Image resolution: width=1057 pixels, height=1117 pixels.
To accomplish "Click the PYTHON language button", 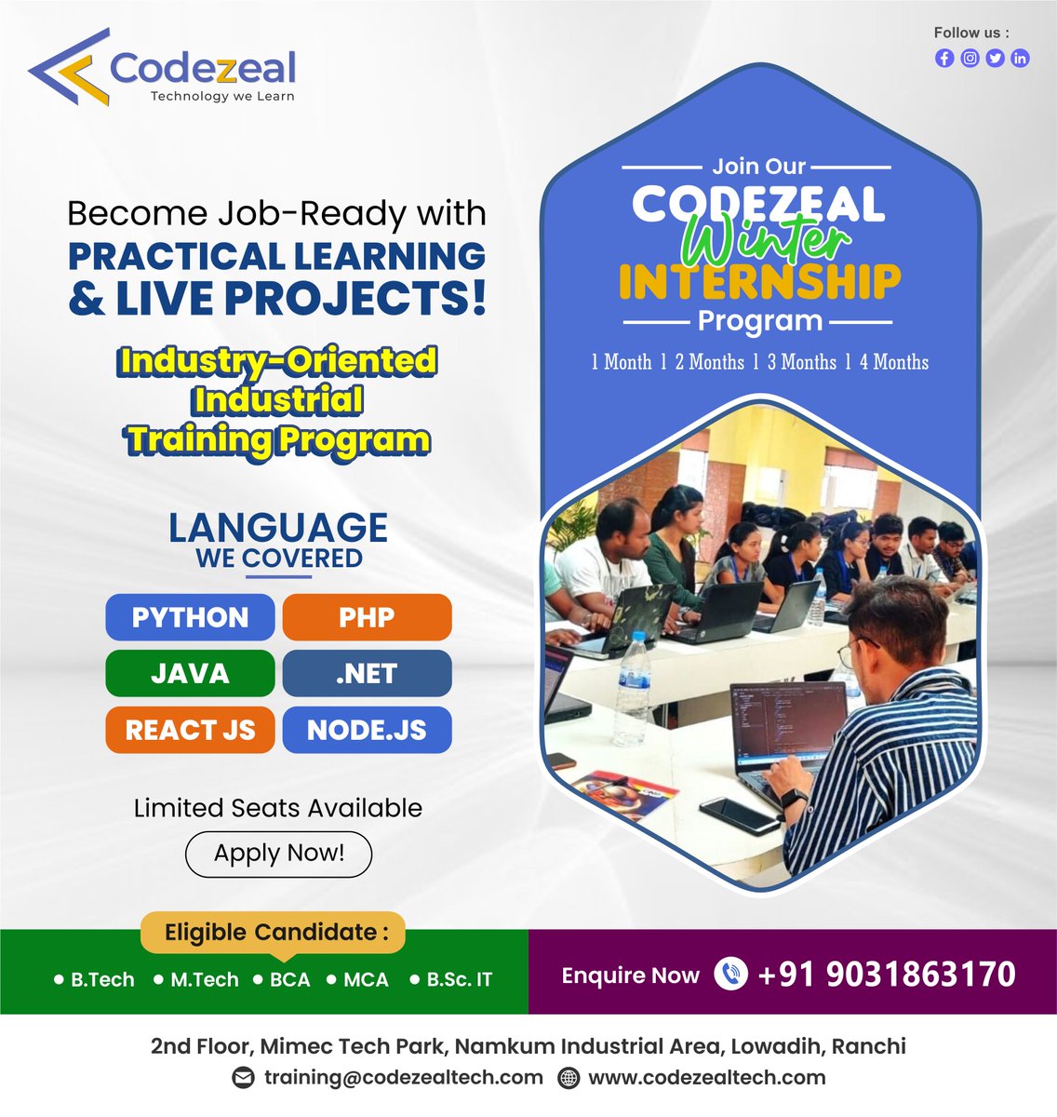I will pyautogui.click(x=190, y=617).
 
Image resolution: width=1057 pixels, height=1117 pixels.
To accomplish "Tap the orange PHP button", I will pyautogui.click(x=367, y=617).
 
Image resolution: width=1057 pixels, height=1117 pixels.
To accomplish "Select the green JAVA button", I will pyautogui.click(x=190, y=673).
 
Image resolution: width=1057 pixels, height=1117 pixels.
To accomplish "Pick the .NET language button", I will pyautogui.click(x=367, y=673).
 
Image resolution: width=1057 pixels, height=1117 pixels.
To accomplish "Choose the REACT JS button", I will pyautogui.click(x=190, y=730).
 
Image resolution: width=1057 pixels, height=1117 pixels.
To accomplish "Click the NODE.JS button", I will pyautogui.click(x=367, y=730).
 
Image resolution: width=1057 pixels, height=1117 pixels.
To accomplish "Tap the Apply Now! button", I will pyautogui.click(x=278, y=854).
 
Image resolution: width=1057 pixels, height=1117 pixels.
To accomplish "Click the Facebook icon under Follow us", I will pyautogui.click(x=944, y=58).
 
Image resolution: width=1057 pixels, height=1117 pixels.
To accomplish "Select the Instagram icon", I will pyautogui.click(x=970, y=58).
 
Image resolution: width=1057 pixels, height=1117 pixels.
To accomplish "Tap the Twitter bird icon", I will pyautogui.click(x=995, y=58).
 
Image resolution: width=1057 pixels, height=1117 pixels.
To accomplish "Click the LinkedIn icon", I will pyautogui.click(x=1020, y=58).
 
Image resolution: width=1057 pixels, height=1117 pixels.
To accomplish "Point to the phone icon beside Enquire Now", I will pyautogui.click(x=730, y=974).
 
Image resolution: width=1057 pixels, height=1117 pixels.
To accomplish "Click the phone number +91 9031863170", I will pyautogui.click(x=887, y=975).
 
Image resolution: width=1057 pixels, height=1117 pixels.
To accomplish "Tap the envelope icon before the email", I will pyautogui.click(x=243, y=1078).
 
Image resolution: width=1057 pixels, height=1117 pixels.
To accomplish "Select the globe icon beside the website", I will pyautogui.click(x=569, y=1078).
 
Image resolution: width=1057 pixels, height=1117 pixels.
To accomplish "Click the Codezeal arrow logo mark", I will pyautogui.click(x=69, y=67).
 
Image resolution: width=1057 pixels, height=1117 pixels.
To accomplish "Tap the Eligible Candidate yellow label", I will pyautogui.click(x=273, y=933).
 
